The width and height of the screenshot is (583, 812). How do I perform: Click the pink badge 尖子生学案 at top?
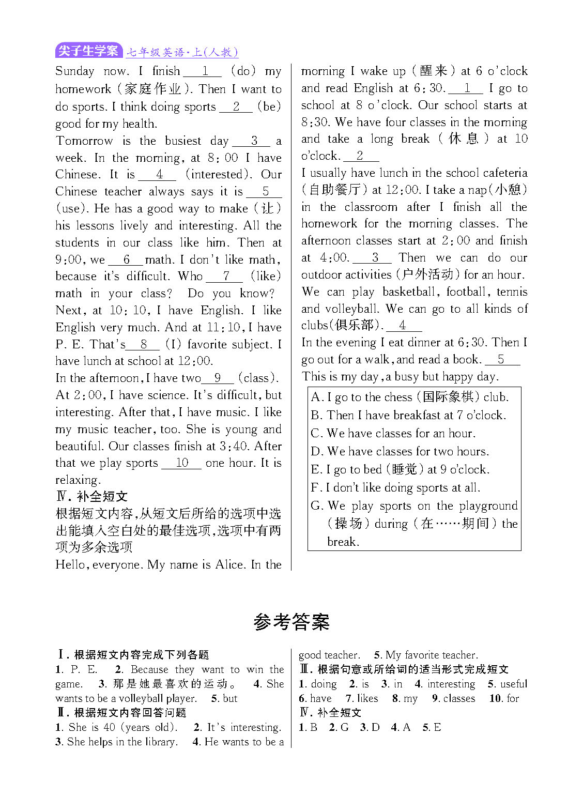[88, 51]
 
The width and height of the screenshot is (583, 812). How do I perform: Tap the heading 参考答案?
[291, 622]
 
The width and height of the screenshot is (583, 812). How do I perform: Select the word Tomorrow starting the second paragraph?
[84, 141]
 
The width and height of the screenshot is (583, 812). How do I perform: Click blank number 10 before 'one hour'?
[181, 463]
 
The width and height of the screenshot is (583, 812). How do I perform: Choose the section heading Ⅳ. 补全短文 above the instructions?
[91, 497]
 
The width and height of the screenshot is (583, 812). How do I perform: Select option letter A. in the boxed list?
[317, 397]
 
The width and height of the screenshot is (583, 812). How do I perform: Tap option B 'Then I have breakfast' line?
[408, 415]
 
